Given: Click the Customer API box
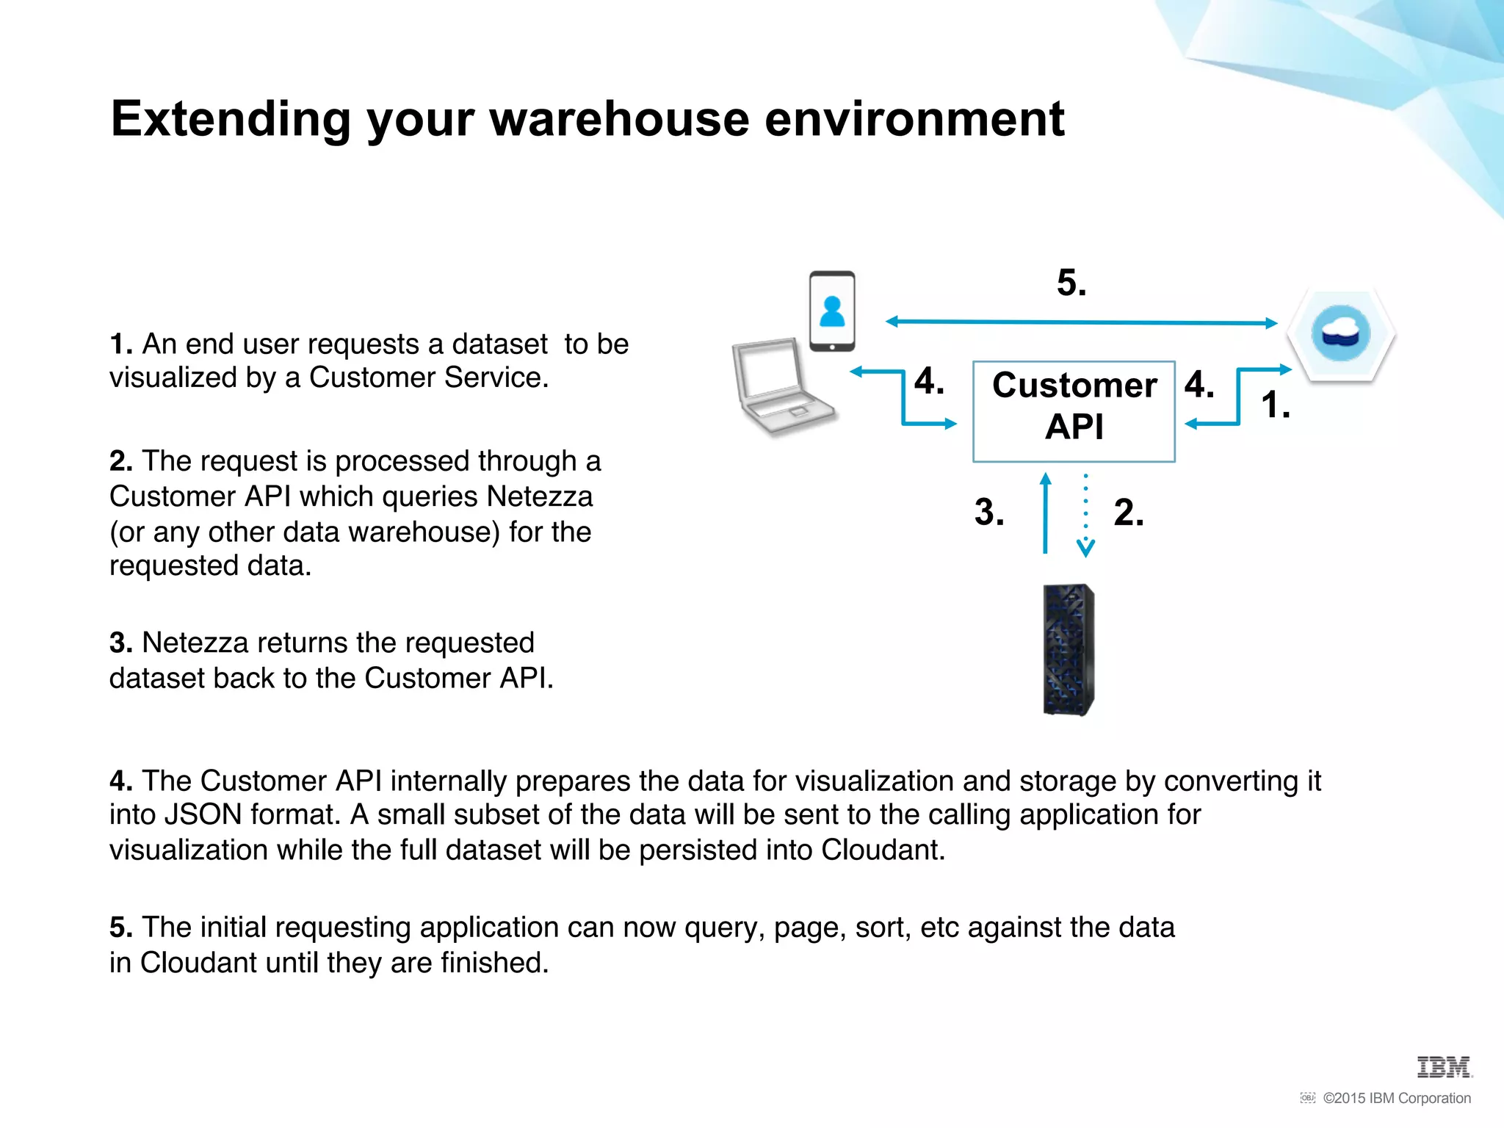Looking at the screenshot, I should click(x=1074, y=411).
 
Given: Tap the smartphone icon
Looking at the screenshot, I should click(x=832, y=311).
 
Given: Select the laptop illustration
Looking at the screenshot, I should click(x=783, y=388).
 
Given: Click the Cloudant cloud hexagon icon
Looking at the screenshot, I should click(x=1341, y=335).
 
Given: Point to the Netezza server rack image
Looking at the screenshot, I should click(x=1069, y=649).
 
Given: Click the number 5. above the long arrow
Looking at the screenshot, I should click(x=1071, y=283).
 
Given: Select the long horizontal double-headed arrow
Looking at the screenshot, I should click(x=1081, y=322).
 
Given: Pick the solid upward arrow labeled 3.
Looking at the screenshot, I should click(x=1045, y=514).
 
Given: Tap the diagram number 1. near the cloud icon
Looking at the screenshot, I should click(x=1275, y=405).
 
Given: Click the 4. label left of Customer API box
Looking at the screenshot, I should click(x=929, y=382).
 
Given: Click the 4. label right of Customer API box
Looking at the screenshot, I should click(x=1198, y=385).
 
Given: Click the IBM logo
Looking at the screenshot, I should click(x=1444, y=1067).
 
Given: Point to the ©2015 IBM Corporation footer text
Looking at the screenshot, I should click(x=1396, y=1099).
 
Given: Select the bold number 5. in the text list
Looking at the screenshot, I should click(x=121, y=928).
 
